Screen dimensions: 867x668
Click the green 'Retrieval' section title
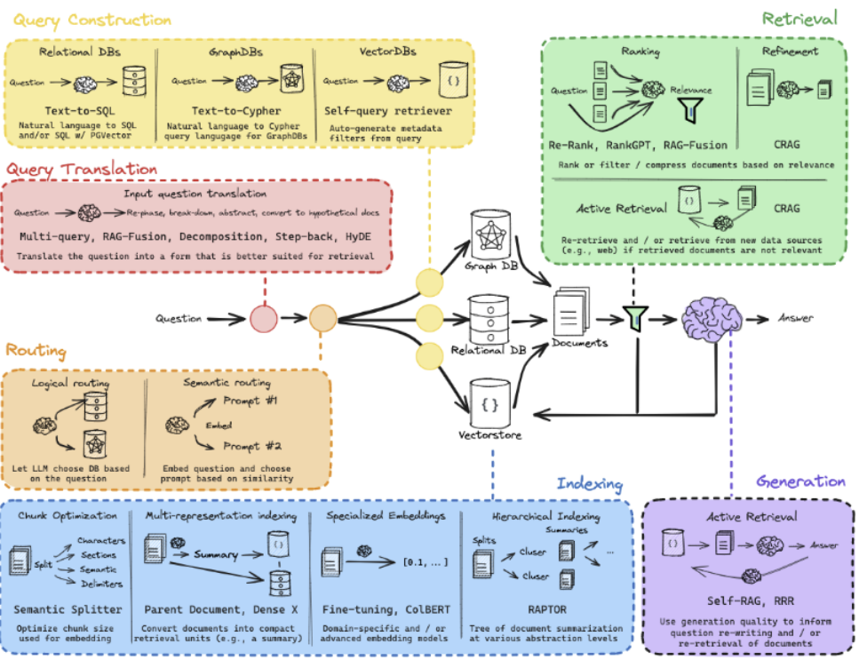coord(799,19)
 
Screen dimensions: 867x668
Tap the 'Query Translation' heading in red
coord(82,169)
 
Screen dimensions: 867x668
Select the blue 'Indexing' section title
coord(590,483)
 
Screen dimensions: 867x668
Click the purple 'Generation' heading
coord(800,481)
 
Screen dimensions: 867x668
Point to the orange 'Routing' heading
coord(36,351)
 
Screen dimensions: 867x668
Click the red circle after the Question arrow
coord(264,319)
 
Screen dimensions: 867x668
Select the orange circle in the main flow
coord(323,318)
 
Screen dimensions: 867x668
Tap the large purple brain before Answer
coord(712,318)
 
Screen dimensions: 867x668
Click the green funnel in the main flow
coord(636,319)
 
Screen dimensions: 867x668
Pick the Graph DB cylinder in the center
coord(490,234)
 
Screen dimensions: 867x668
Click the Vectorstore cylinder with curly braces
coord(489,403)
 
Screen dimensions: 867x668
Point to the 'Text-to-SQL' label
coord(80,111)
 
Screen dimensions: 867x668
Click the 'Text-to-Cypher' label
coord(236,111)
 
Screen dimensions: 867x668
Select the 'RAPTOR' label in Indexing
coord(547,609)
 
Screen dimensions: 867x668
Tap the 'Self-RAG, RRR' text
coord(751,600)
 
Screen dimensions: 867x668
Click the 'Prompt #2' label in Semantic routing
coord(252,446)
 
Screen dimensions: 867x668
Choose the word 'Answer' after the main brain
coord(796,318)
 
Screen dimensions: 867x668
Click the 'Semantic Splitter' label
coord(68,609)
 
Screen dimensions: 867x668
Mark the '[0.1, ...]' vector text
coord(426,562)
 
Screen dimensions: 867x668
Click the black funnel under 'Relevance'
coord(690,109)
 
